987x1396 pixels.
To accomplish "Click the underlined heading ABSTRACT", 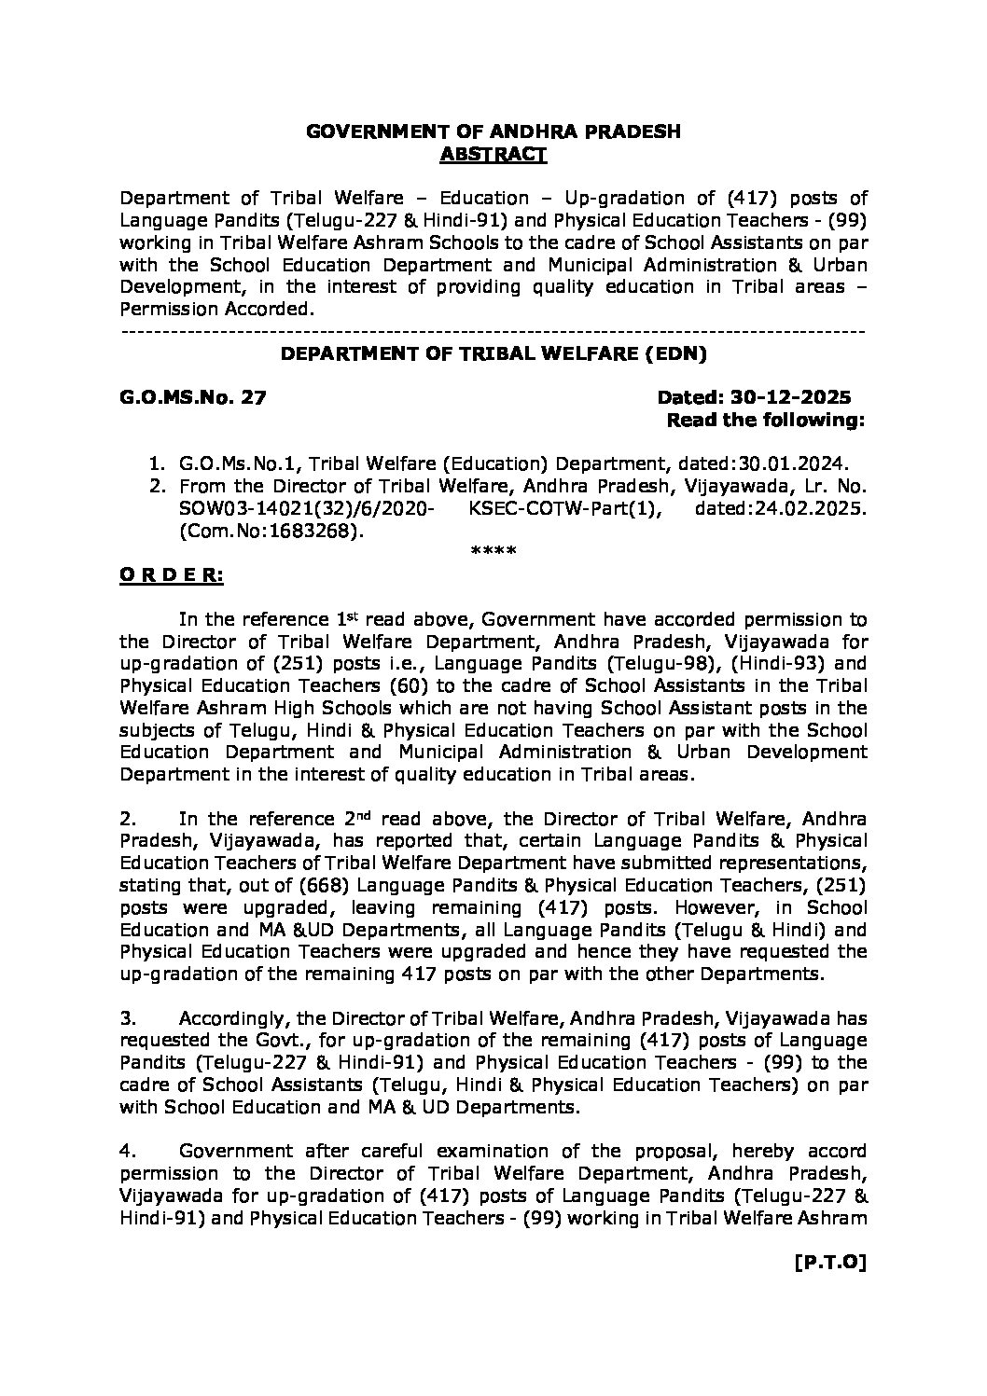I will pos(493,154).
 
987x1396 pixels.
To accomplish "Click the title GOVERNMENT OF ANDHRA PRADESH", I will pos(493,131).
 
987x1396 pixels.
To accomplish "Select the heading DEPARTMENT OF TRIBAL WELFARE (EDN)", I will pos(494,353).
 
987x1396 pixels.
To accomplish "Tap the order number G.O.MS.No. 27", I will pos(193,398).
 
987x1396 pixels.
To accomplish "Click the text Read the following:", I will pos(766,421).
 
